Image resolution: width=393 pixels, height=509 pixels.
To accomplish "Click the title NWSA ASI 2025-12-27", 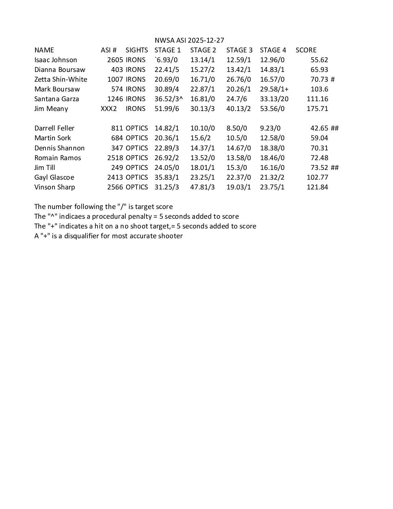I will point(189,40).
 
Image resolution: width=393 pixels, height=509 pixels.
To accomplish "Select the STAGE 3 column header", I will point(239,50).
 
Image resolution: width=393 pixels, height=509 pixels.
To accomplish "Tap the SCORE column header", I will point(306,50).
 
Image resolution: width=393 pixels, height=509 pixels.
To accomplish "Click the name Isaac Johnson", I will point(56,60).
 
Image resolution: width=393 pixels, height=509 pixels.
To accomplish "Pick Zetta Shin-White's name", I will point(61,80).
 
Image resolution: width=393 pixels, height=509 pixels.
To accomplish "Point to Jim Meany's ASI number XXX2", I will point(109,109).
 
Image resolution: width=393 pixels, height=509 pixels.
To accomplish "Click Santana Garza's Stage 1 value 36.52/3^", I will point(168,99).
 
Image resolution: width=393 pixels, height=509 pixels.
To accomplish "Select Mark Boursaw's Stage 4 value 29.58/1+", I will point(274,89).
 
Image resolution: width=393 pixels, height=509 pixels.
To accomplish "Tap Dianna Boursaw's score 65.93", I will point(319,70).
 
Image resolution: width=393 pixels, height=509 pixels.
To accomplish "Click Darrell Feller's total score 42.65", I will point(319,128).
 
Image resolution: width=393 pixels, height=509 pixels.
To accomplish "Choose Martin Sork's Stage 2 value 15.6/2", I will point(200,138).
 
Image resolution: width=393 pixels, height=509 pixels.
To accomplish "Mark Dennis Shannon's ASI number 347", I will point(117,148).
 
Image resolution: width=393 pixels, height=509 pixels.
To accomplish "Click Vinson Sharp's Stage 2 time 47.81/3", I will point(202,187).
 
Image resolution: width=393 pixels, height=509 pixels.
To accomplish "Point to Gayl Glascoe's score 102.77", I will point(317,177).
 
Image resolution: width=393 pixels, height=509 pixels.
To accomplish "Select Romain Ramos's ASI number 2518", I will point(115,158).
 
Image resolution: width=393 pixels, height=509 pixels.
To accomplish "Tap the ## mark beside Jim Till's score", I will point(334,168).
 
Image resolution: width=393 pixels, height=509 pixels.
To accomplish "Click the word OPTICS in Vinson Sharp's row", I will point(137,187).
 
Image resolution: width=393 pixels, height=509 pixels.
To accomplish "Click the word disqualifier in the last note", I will point(81,236).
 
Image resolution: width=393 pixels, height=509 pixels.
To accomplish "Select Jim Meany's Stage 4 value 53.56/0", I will point(272,109).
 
